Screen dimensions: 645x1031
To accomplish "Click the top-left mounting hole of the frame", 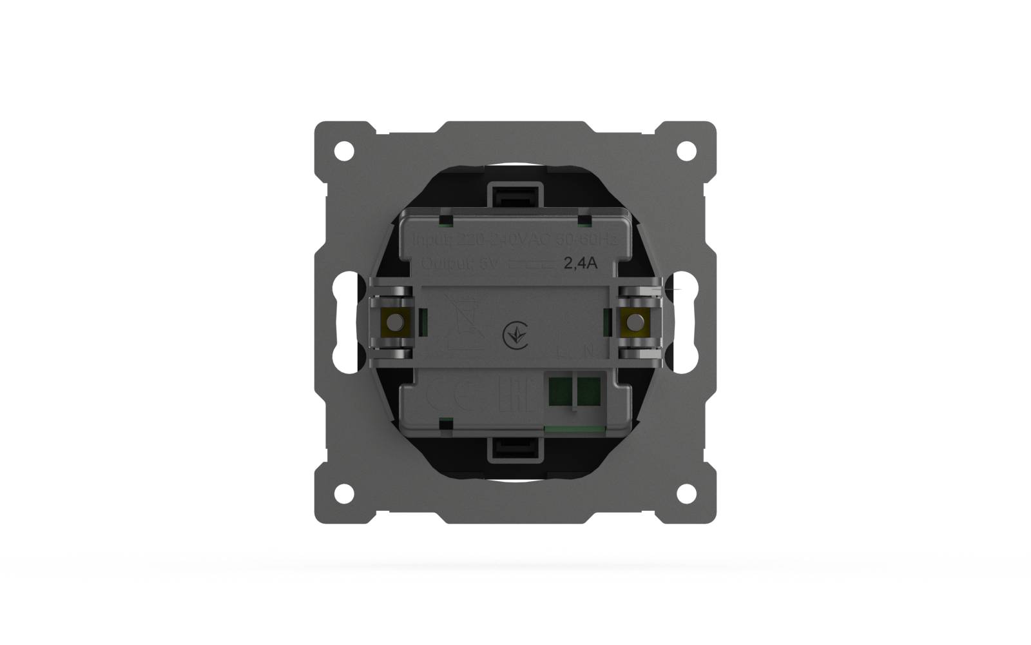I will tap(344, 151).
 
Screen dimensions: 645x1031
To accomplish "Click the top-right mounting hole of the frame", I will tap(686, 151).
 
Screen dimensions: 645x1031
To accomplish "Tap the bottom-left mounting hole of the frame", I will tap(344, 493).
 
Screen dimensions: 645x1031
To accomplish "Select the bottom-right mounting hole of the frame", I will tap(686, 493).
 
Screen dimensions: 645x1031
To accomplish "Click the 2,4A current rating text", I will tap(581, 263).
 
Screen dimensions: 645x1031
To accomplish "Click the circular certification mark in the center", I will tap(515, 335).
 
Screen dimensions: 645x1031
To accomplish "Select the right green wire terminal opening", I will tap(588, 391).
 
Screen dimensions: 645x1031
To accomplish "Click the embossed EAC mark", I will tap(514, 396).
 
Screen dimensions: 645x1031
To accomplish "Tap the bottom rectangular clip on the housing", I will tap(515, 450).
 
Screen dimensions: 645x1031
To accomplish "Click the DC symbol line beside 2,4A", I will tap(532, 264).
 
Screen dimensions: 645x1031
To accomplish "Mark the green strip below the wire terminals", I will tap(575, 428).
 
